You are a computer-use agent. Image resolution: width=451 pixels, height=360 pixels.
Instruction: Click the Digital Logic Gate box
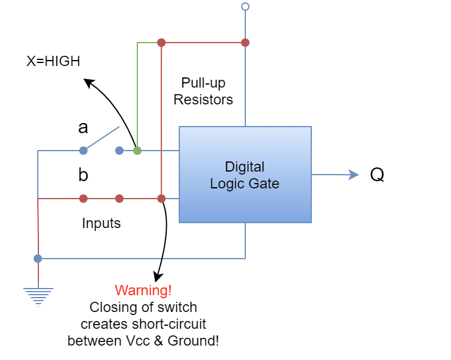[245, 175]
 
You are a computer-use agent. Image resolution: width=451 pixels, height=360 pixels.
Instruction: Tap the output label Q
[377, 175]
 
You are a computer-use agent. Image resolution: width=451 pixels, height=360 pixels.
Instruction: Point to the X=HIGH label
[53, 61]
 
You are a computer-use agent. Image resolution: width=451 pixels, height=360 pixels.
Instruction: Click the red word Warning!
[143, 290]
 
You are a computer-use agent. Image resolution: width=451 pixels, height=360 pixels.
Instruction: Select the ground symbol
[38, 296]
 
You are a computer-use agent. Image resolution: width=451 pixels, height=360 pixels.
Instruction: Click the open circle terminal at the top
[245, 7]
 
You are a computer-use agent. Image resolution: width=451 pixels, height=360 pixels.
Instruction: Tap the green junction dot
[137, 151]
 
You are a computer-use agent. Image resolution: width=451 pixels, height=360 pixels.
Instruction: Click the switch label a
[83, 128]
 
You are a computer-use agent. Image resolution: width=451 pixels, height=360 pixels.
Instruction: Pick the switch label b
[83, 175]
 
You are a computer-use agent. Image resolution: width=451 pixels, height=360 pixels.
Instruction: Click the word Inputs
[101, 223]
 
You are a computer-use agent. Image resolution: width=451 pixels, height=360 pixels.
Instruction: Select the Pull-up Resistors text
[203, 91]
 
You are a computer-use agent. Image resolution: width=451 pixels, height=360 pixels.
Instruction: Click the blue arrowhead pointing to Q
[353, 175]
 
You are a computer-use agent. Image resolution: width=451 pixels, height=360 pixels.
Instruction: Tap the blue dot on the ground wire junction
[38, 259]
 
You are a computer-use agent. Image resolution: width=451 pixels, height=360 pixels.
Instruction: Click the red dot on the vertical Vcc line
[245, 43]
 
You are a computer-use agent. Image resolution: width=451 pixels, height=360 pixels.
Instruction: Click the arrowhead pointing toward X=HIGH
[89, 83]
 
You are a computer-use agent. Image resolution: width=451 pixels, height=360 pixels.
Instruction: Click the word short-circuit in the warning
[169, 324]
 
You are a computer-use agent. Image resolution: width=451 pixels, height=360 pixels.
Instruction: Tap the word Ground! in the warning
[193, 341]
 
